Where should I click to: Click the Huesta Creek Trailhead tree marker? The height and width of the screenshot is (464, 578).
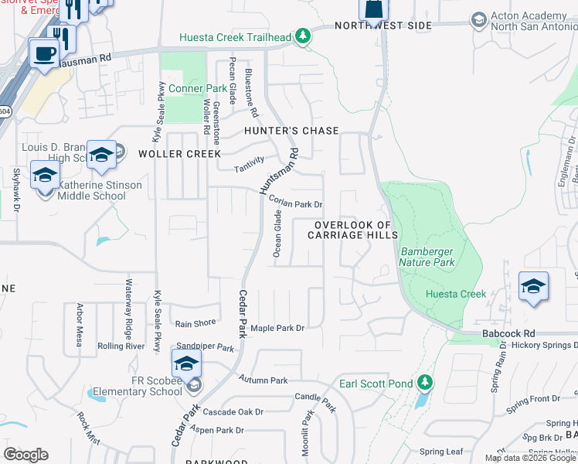[304, 36]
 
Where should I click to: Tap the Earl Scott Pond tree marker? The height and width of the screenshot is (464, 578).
[424, 382]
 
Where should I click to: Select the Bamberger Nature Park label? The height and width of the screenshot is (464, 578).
[428, 257]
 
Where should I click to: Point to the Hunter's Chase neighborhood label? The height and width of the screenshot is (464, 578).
[291, 131]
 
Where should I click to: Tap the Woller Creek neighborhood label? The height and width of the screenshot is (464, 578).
[180, 154]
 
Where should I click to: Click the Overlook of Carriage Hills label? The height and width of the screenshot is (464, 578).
[353, 230]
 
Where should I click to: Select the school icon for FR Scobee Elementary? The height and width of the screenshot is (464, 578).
[186, 363]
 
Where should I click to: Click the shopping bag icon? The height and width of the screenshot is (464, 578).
[373, 9]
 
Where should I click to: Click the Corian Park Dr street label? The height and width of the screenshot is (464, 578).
[295, 203]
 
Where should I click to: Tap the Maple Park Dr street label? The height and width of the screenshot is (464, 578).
[277, 328]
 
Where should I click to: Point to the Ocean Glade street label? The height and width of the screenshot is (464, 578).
[277, 234]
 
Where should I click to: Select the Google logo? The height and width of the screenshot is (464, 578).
[25, 455]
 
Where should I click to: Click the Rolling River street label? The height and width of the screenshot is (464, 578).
[121, 346]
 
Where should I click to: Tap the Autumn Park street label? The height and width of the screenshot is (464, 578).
[263, 380]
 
